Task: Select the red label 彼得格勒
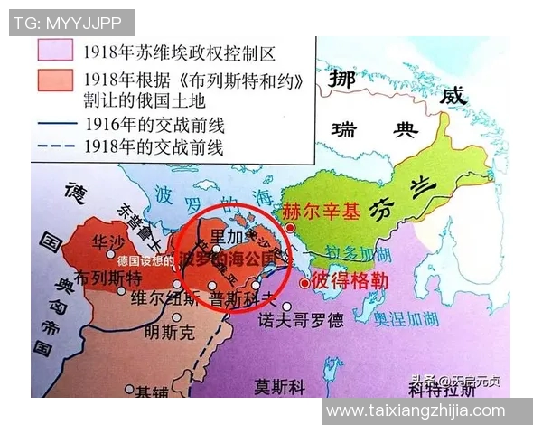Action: [x=350, y=281]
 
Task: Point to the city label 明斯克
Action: [x=167, y=333]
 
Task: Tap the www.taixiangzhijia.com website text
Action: [x=416, y=410]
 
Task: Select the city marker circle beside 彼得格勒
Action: [x=304, y=282]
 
